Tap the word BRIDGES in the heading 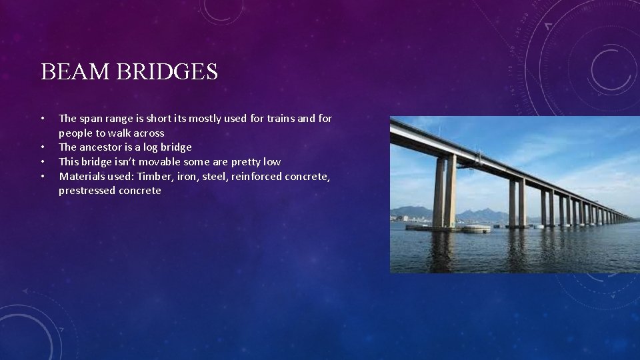tap(167, 71)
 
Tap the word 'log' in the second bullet tap(145, 147)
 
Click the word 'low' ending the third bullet tap(272, 162)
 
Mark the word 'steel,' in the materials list tap(212, 177)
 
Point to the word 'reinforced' tap(256, 177)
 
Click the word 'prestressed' tap(87, 191)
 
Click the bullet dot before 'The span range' tap(43, 119)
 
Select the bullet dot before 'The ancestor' tap(43, 147)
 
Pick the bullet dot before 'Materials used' tap(43, 177)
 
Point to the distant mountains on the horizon tap(483, 214)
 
